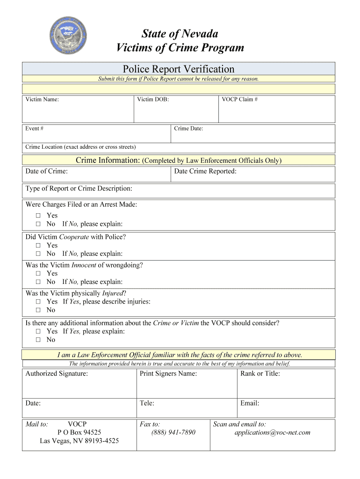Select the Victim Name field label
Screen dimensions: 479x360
(x=42, y=100)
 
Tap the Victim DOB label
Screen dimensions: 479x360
(x=153, y=100)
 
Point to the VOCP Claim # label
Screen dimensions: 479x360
(x=239, y=100)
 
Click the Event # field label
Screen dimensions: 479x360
(x=35, y=129)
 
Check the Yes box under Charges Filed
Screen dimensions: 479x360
(x=38, y=216)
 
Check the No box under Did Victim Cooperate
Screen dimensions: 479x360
(x=38, y=254)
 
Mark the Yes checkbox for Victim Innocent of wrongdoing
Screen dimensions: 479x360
(x=38, y=274)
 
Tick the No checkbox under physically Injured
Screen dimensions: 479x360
(x=38, y=310)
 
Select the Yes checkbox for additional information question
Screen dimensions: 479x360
(x=38, y=332)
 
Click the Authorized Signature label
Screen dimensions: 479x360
(x=57, y=374)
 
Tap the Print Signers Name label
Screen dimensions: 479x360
(x=168, y=374)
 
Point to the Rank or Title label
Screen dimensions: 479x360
(x=260, y=374)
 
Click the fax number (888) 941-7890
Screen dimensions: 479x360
(x=173, y=433)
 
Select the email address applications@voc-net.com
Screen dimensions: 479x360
(x=272, y=433)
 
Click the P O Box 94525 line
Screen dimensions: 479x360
(x=79, y=433)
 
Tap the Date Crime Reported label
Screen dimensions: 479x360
(x=205, y=172)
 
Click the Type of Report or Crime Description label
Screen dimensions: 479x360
(x=79, y=189)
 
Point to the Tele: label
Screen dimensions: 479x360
(x=147, y=403)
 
